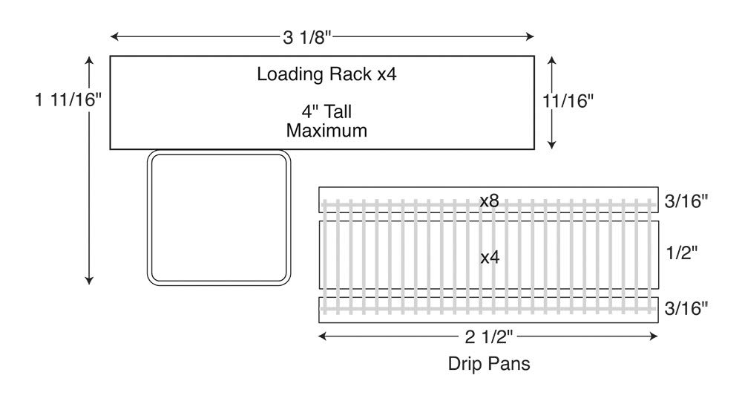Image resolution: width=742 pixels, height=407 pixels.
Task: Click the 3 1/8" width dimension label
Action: point(307,37)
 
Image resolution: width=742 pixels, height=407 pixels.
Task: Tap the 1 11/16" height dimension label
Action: point(68,100)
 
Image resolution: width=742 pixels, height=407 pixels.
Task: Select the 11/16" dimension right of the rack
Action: point(568,101)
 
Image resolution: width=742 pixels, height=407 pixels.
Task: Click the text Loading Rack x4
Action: point(326,74)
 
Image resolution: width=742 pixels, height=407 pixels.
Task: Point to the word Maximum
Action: point(326,131)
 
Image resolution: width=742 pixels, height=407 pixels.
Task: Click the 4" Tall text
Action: point(326,112)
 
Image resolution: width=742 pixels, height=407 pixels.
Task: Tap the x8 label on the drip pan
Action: point(489,201)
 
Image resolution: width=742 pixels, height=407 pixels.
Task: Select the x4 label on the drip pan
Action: point(490,258)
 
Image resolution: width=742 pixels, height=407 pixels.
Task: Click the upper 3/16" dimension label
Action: point(686,201)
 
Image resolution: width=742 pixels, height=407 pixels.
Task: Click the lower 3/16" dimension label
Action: point(686,308)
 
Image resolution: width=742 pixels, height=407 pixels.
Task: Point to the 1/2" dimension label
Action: point(681,253)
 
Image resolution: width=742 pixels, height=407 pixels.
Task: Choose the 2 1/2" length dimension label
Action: point(489,337)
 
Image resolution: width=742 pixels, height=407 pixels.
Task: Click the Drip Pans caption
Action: point(489,363)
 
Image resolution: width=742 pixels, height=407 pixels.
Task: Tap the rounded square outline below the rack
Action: point(148,218)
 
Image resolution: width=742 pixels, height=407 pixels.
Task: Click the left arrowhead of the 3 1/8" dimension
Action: point(114,36)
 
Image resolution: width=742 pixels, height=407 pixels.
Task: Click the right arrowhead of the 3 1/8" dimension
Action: point(530,36)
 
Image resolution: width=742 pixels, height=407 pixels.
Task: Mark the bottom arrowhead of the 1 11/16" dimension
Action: point(89,281)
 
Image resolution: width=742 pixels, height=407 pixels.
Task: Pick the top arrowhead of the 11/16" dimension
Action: point(551,61)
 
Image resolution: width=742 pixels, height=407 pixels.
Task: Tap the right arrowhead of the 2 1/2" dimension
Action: point(654,336)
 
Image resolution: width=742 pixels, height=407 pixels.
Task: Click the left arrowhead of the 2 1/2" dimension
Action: point(324,336)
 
